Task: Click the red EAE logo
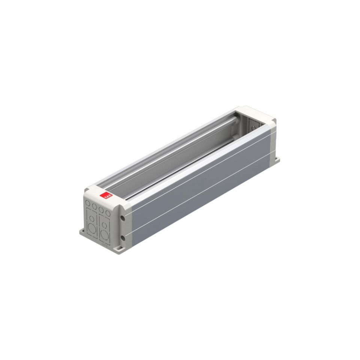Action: (106, 195)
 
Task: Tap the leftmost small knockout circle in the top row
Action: (88, 203)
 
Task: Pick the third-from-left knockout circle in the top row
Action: (101, 210)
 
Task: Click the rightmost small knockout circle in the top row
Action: (108, 213)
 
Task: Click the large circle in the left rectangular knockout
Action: (92, 228)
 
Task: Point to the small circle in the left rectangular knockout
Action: (92, 218)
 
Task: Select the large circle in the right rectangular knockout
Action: (105, 235)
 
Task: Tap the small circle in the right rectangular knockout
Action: (105, 225)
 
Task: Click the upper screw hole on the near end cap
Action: (123, 218)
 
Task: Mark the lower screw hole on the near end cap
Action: (123, 238)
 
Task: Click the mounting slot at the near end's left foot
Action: (83, 231)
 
